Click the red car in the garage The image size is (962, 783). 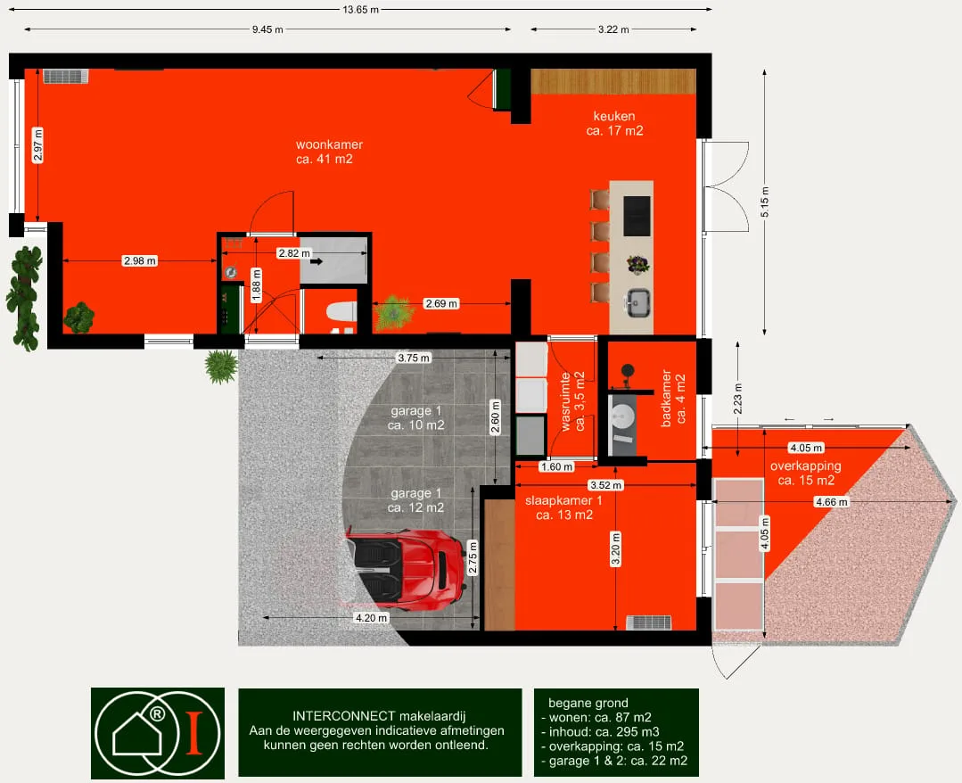(405, 570)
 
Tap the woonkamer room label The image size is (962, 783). (329, 152)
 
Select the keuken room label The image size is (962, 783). (614, 123)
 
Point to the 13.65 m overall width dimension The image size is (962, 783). (361, 9)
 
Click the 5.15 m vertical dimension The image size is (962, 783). (764, 202)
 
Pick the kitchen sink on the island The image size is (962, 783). (637, 302)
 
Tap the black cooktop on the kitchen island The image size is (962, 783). (637, 216)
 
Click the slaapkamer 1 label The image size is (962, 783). (563, 507)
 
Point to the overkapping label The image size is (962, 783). (806, 474)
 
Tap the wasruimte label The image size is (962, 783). (573, 401)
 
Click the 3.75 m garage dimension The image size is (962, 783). (414, 358)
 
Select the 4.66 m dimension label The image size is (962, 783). (831, 502)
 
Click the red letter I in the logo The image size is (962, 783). (194, 733)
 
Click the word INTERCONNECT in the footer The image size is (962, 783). (344, 716)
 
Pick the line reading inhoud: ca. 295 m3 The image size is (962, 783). (601, 731)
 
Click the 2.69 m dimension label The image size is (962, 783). (441, 303)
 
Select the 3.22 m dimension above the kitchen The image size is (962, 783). (613, 29)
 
